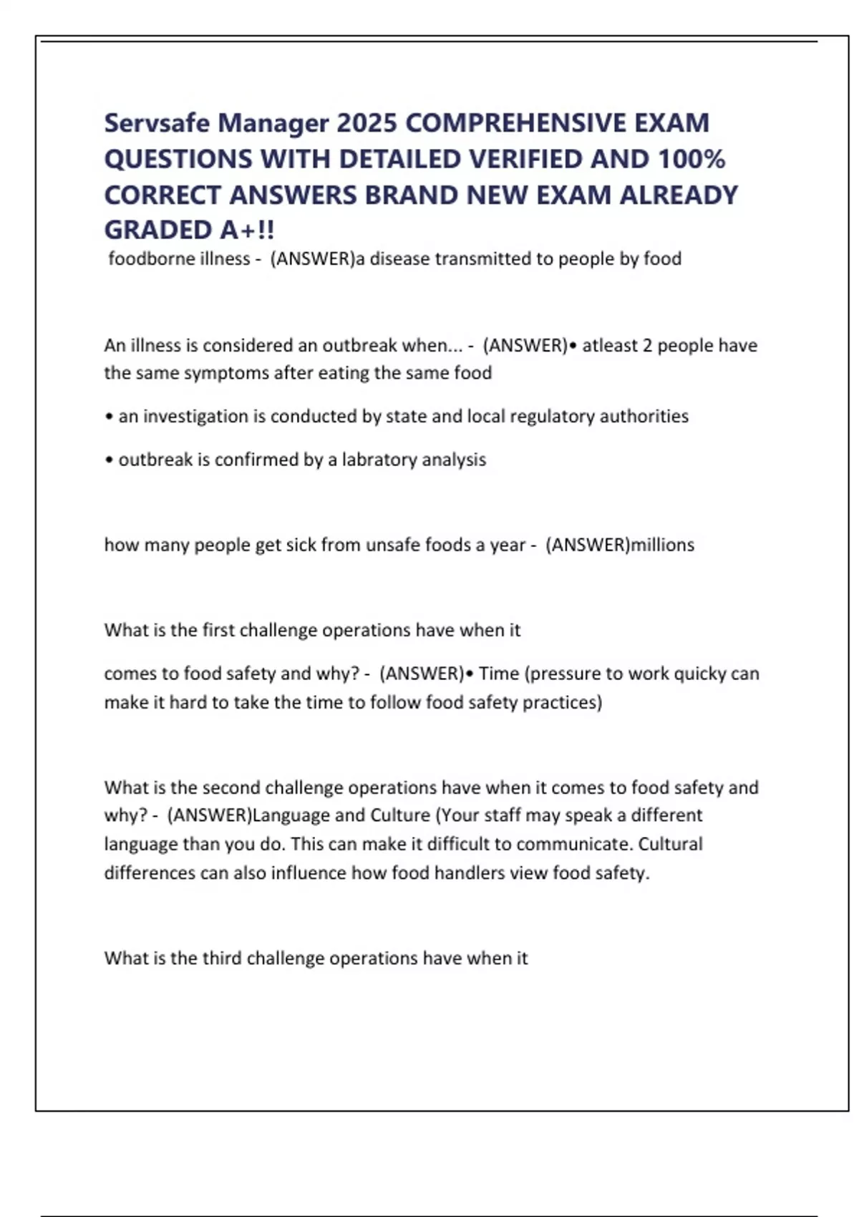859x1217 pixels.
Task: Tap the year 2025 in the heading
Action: pos(367,123)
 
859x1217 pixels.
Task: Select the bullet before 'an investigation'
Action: pos(109,417)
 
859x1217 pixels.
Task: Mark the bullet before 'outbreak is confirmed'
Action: pos(109,460)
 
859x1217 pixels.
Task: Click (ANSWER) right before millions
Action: pos(588,545)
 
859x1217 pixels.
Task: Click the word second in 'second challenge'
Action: pos(231,787)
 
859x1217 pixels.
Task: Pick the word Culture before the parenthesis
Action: pos(399,815)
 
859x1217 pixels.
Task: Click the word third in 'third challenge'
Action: pos(222,958)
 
